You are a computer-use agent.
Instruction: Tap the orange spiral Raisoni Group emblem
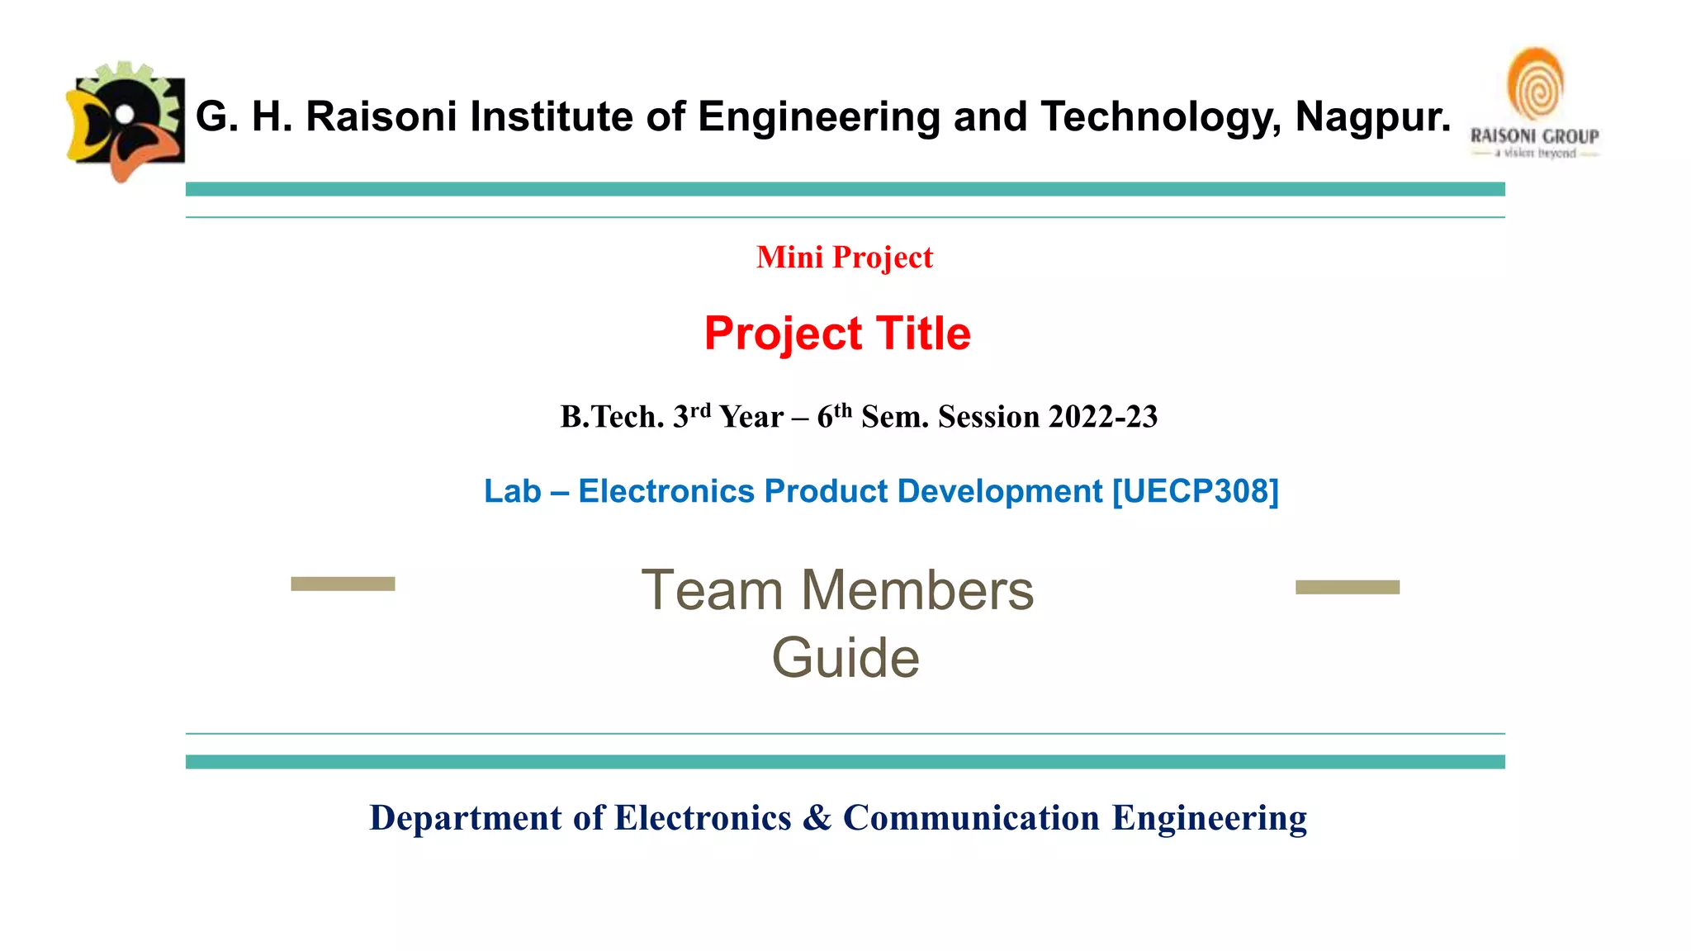tap(1535, 86)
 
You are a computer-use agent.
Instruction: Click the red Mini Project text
tap(844, 258)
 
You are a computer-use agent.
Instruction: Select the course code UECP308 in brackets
tap(1196, 491)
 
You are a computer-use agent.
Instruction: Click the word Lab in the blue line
tap(512, 491)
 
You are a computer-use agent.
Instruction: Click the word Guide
tap(845, 658)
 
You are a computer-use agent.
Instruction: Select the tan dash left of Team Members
tap(343, 584)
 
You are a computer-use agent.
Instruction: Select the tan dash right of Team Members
tap(1348, 587)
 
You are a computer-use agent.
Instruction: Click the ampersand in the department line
tap(817, 818)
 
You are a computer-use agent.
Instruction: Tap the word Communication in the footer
tap(971, 818)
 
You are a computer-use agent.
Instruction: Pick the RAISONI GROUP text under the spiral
tap(1534, 136)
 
